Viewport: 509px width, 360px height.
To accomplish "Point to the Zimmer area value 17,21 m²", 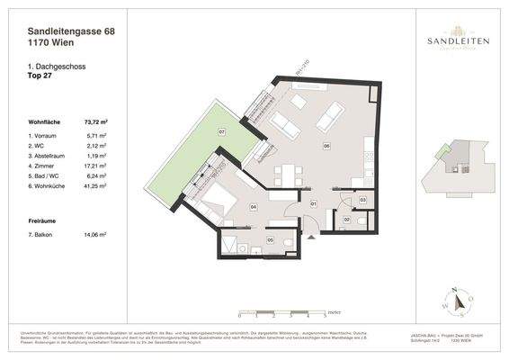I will [94, 166].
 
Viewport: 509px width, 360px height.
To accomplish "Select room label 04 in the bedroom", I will [254, 207].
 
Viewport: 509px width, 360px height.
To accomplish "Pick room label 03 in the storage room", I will [362, 199].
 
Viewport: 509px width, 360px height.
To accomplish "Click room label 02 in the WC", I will [347, 220].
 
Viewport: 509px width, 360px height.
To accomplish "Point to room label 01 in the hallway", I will [312, 204].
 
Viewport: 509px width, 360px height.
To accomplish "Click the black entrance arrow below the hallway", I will [309, 238].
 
